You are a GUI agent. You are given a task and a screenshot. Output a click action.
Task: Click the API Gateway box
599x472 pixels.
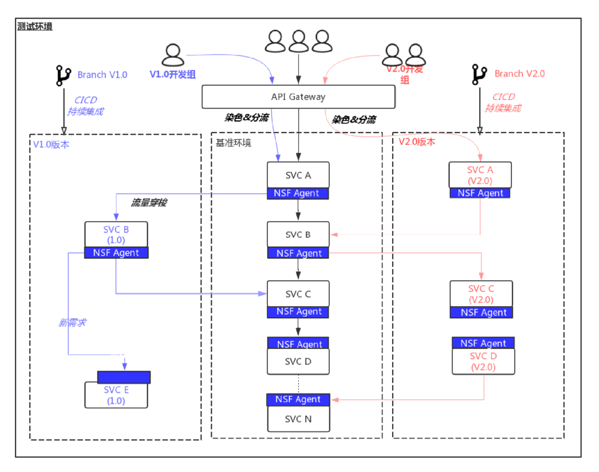(x=298, y=97)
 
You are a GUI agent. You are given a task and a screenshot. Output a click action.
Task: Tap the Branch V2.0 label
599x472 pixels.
(x=519, y=74)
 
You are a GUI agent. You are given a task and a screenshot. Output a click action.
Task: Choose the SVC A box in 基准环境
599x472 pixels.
(x=298, y=175)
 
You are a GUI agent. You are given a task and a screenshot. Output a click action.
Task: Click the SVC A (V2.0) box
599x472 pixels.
(x=480, y=175)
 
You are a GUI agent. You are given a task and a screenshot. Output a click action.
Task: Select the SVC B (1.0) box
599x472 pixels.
(x=116, y=234)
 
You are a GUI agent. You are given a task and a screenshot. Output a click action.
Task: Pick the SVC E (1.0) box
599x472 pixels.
(x=116, y=395)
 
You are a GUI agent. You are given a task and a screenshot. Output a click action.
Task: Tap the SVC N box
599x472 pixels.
(x=298, y=419)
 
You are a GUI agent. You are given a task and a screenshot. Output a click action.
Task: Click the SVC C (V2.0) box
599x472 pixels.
(x=481, y=294)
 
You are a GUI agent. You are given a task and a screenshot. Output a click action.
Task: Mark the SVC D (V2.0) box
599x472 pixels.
(x=483, y=361)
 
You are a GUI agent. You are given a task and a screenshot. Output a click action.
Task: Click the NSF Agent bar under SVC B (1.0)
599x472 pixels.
(x=116, y=253)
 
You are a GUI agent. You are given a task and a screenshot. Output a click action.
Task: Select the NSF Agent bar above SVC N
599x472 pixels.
(x=298, y=399)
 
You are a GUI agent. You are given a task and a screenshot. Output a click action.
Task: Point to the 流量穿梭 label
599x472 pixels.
(x=149, y=203)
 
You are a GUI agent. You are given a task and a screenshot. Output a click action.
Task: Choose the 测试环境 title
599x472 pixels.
(x=35, y=26)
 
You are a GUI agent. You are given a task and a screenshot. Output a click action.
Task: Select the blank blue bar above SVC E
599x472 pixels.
(x=124, y=377)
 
